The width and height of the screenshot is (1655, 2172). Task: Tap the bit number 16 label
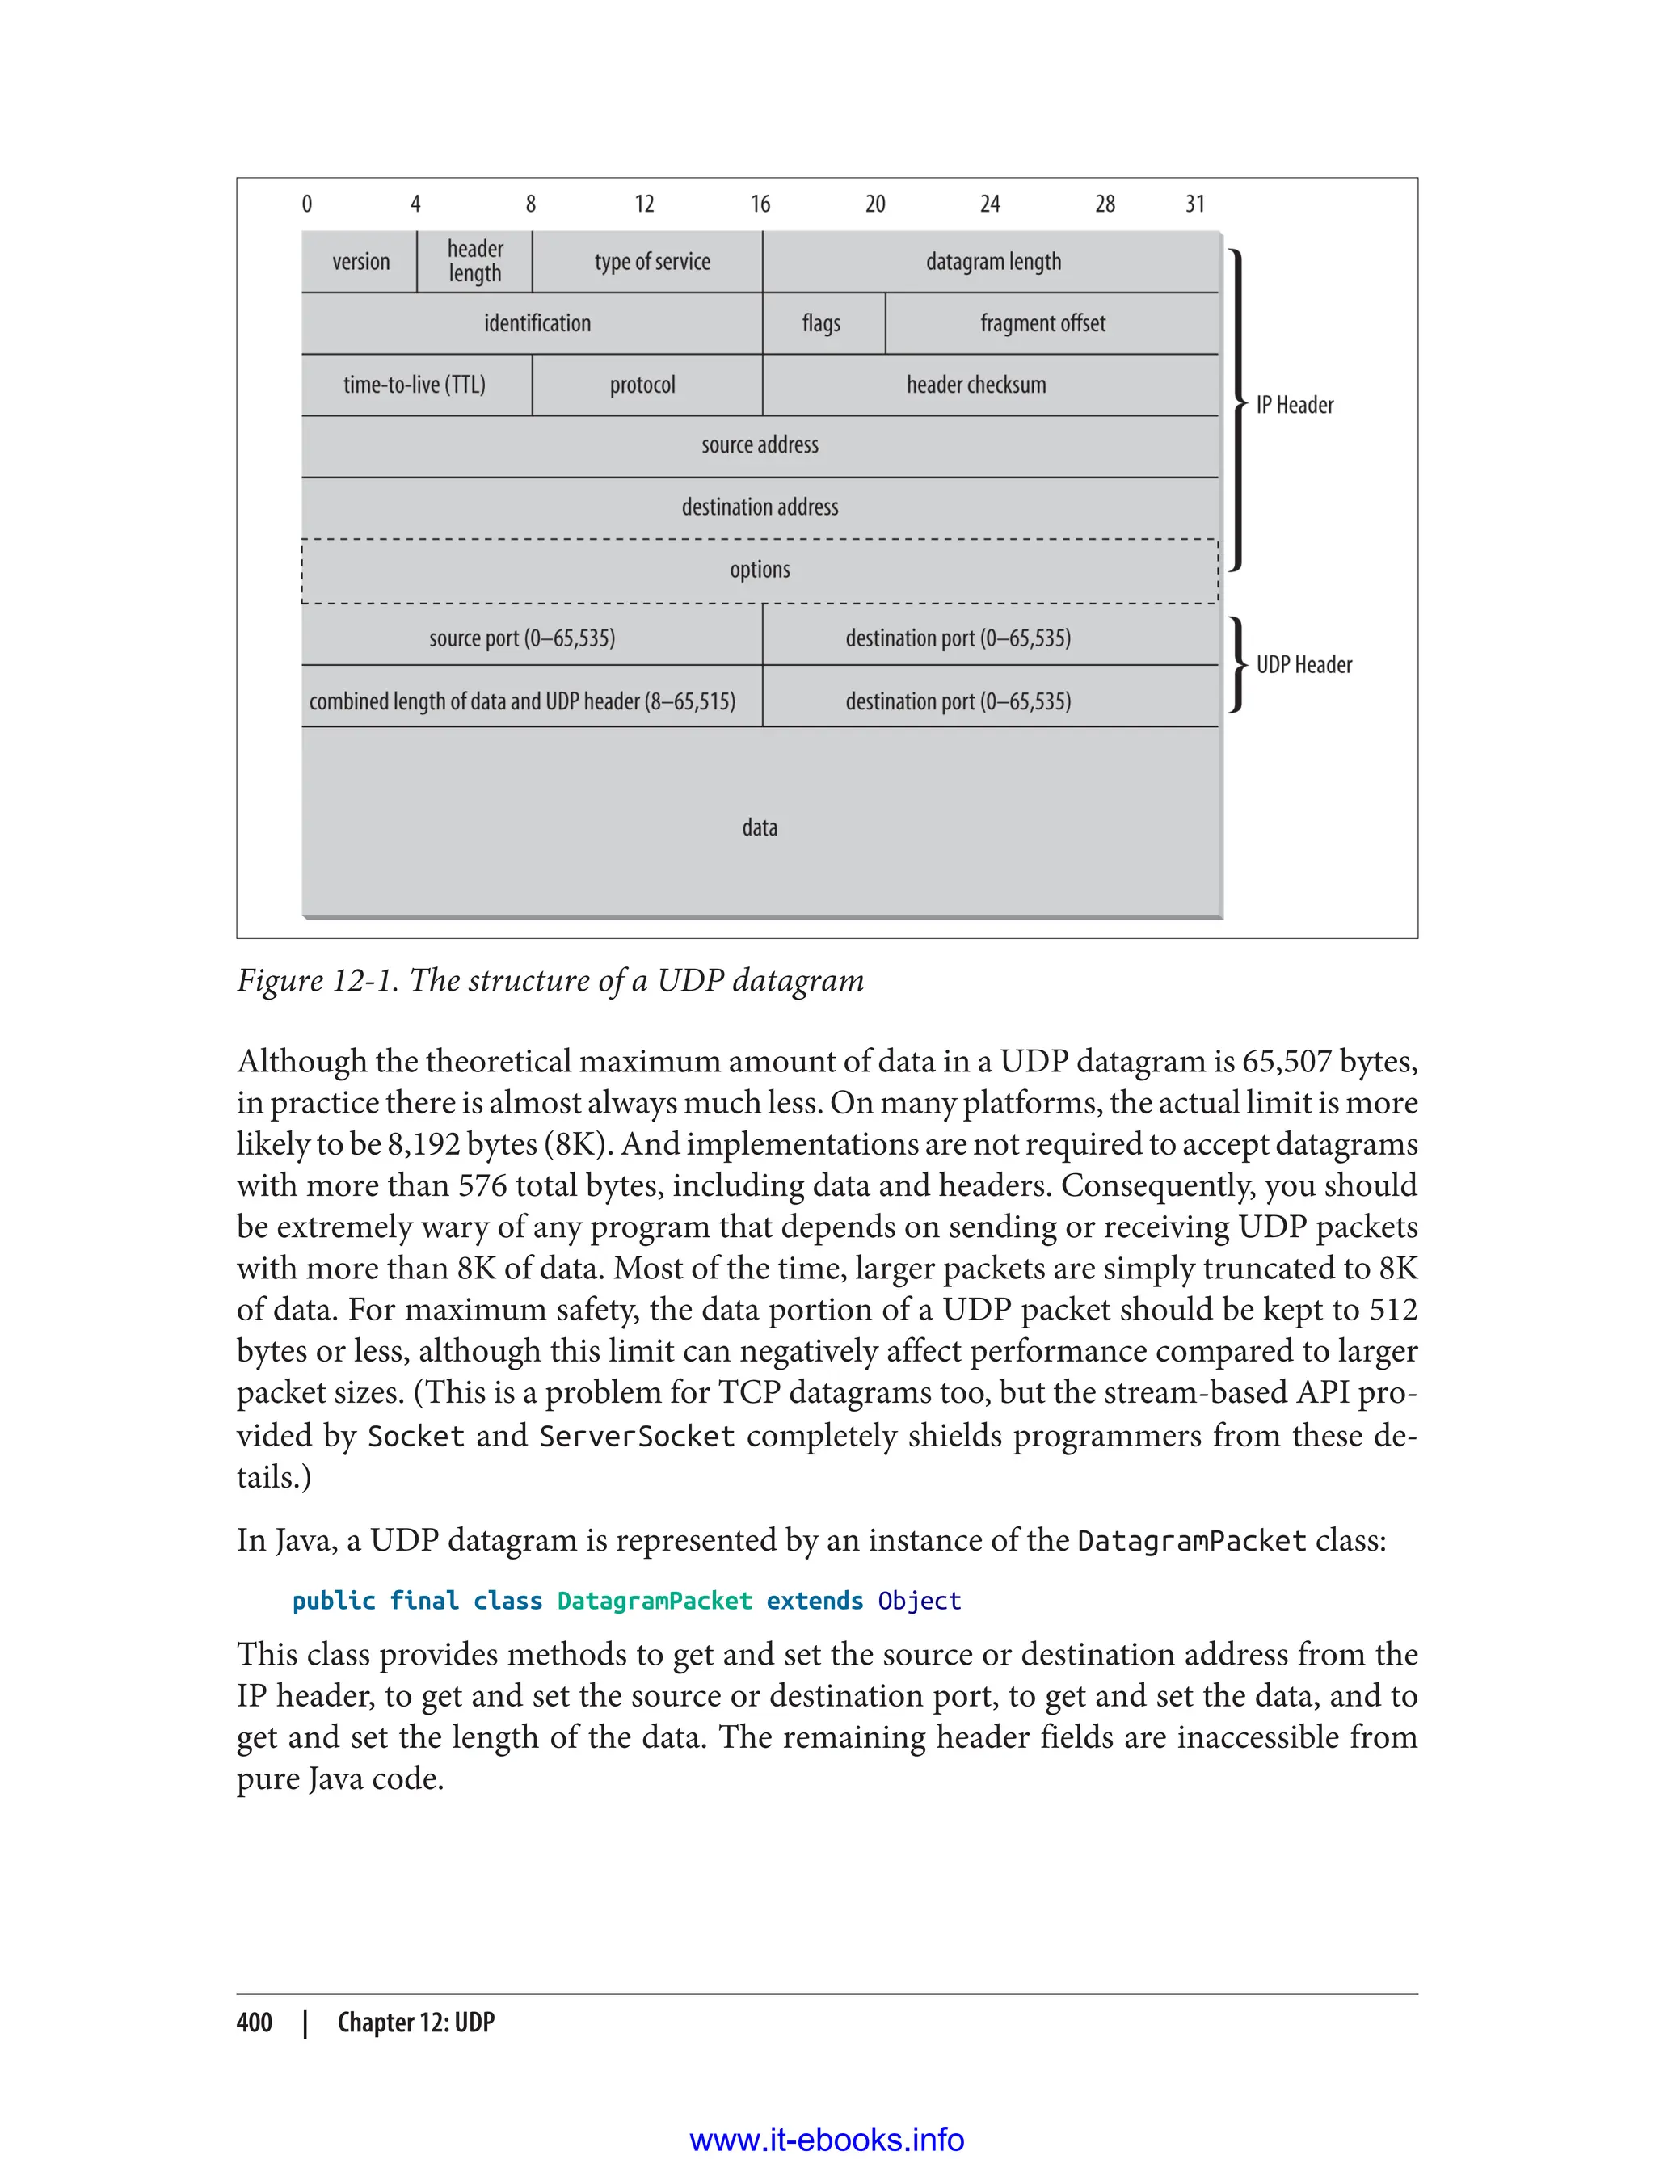[x=760, y=204]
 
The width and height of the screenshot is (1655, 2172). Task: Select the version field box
[x=360, y=262]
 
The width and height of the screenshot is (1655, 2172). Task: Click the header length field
[x=475, y=262]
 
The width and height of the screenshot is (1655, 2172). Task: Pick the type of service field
[x=651, y=262]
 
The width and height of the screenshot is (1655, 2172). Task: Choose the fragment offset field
[x=1042, y=323]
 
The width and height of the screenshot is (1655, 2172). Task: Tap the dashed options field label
[x=760, y=570]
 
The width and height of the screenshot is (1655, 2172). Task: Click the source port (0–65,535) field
[x=521, y=638]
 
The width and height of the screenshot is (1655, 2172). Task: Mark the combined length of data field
[x=521, y=701]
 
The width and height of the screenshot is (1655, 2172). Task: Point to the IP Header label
[x=1294, y=405]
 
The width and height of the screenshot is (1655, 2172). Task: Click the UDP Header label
[x=1303, y=665]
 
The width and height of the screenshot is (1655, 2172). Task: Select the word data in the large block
[x=760, y=827]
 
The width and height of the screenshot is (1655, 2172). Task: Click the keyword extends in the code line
[x=814, y=1601]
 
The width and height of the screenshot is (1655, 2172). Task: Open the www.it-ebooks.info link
[x=827, y=2140]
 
